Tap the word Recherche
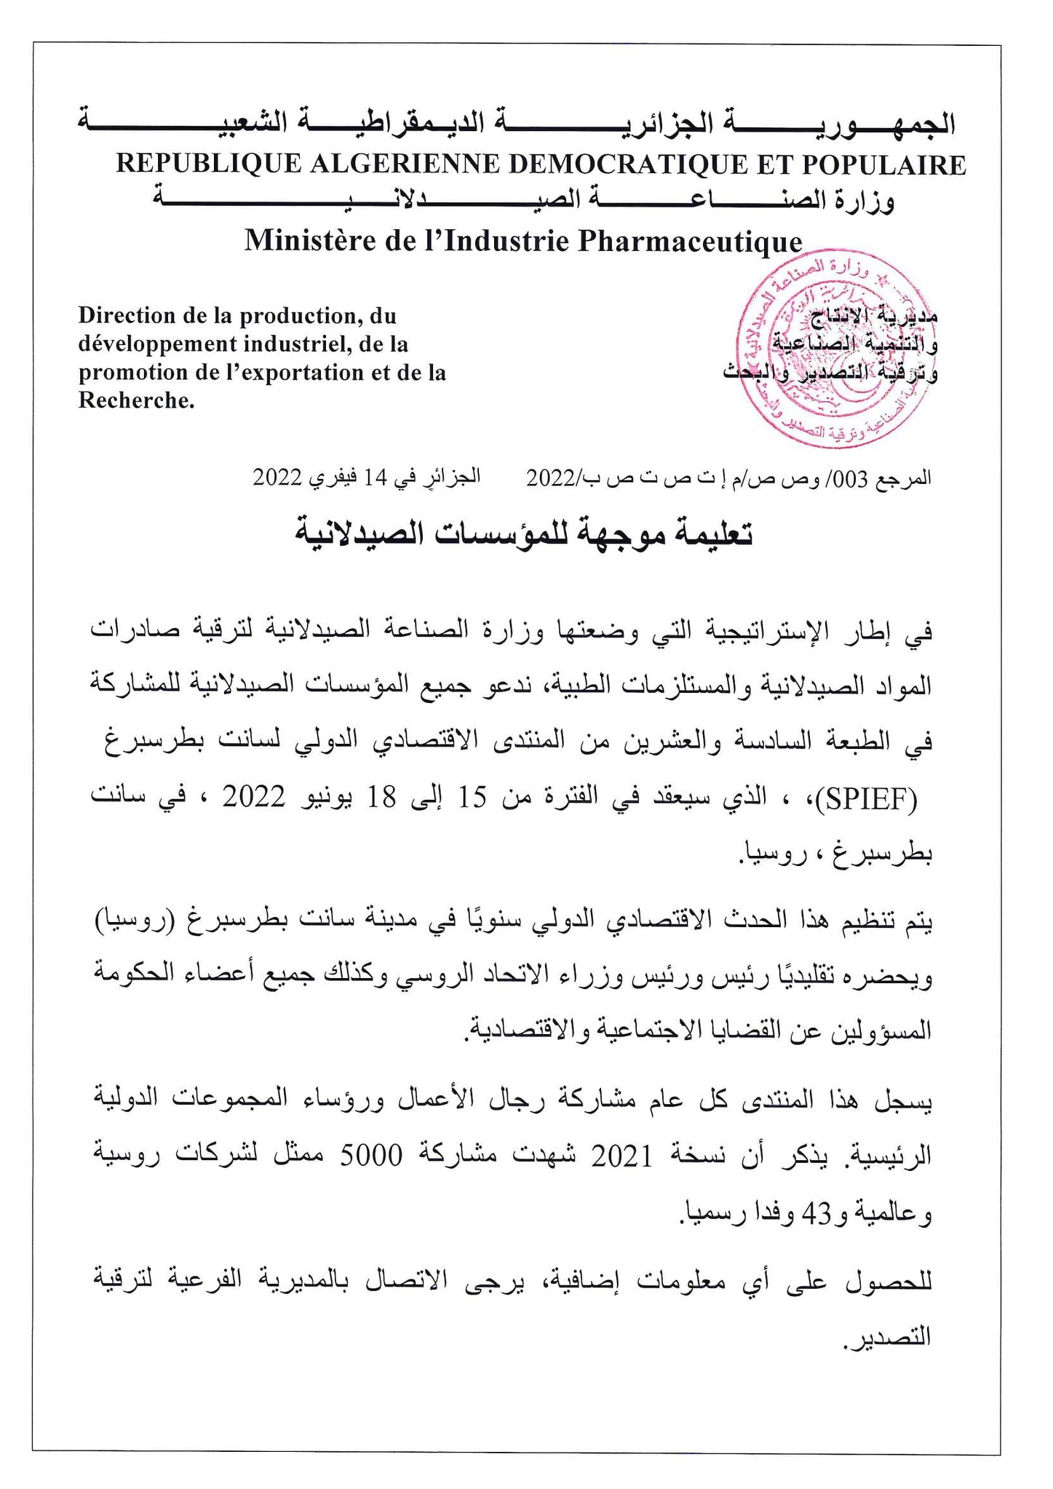click(x=135, y=400)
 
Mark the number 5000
click(x=371, y=1156)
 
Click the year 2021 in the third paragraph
click(x=621, y=1156)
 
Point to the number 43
click(x=815, y=1213)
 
